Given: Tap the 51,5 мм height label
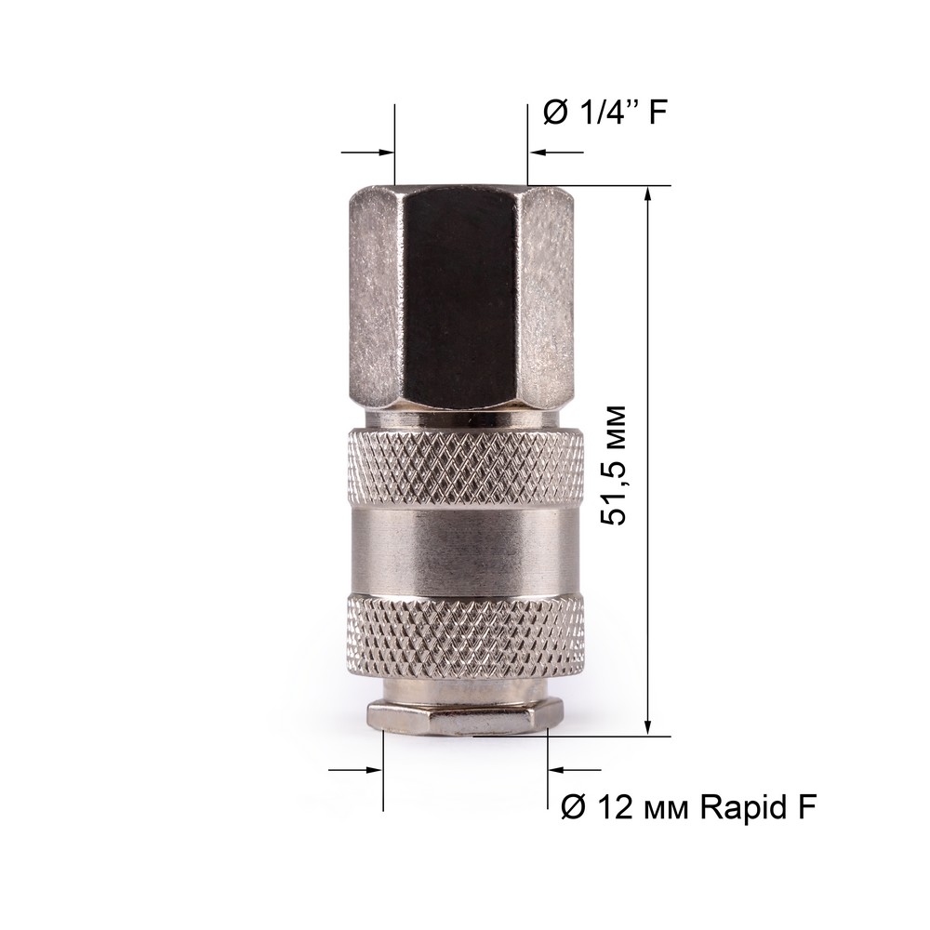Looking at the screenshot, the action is click(613, 466).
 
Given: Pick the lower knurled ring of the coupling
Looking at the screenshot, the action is click(466, 638).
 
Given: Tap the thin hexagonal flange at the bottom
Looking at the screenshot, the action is click(466, 716).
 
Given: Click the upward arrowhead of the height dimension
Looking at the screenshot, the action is click(648, 194).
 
